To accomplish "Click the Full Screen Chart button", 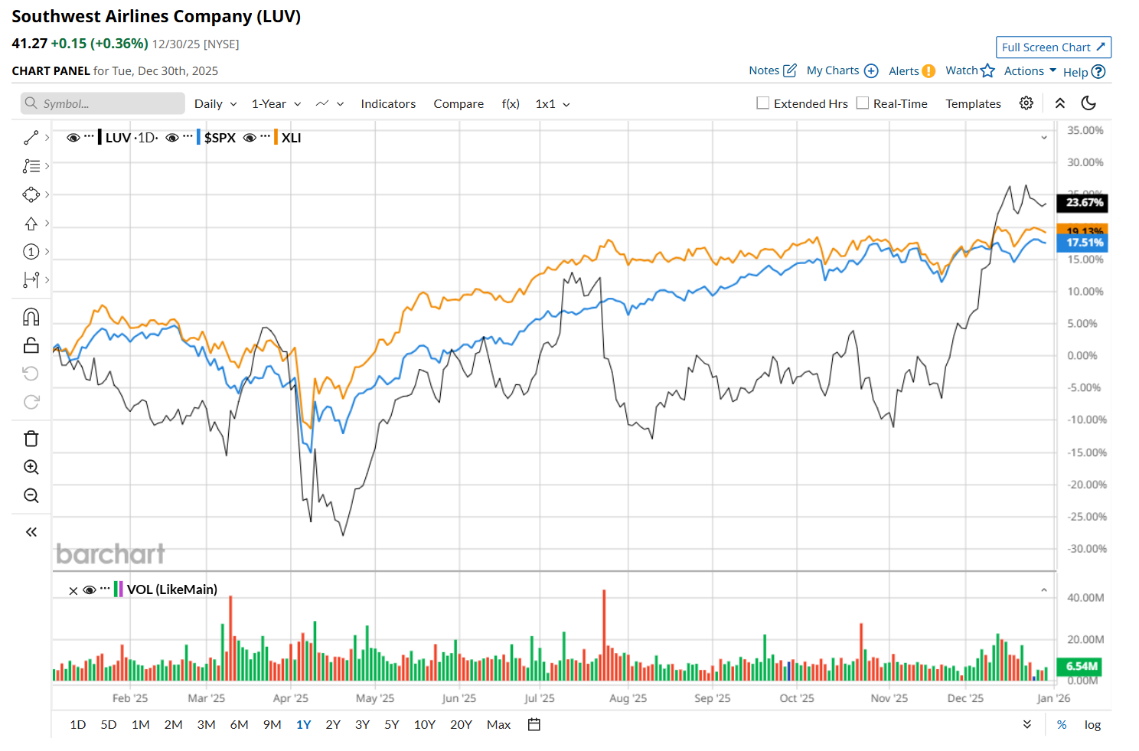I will tap(1053, 47).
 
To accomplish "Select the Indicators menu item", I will tap(388, 104).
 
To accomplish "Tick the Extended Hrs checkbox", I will tap(763, 103).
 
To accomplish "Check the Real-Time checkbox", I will tap(863, 103).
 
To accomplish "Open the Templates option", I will tap(973, 104).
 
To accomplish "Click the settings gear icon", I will tap(1026, 103).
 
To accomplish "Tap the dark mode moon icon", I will tap(1088, 103).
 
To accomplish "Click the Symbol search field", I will tap(103, 104).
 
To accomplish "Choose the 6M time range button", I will tap(239, 724).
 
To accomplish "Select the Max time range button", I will tap(498, 724).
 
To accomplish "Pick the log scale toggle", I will tap(1092, 724).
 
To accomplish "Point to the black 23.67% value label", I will tap(1084, 203).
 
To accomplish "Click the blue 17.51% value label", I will tap(1084, 243).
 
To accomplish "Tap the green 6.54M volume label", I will tap(1080, 666).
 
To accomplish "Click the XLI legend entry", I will tap(291, 138).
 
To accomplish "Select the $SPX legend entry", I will tap(220, 138).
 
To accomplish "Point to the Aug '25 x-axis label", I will tap(628, 698).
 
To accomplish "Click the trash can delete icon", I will tap(31, 439).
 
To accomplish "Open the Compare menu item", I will tap(459, 104).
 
